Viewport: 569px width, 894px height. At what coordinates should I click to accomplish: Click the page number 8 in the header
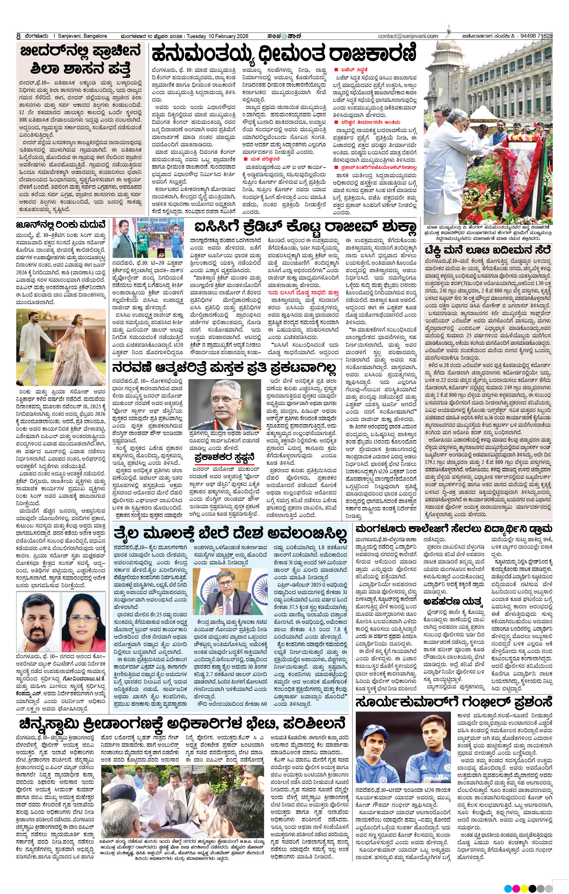click(x=18, y=36)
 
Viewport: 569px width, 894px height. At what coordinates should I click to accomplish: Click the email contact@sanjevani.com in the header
click(x=408, y=36)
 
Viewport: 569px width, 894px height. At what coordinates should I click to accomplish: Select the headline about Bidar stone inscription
click(x=81, y=59)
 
